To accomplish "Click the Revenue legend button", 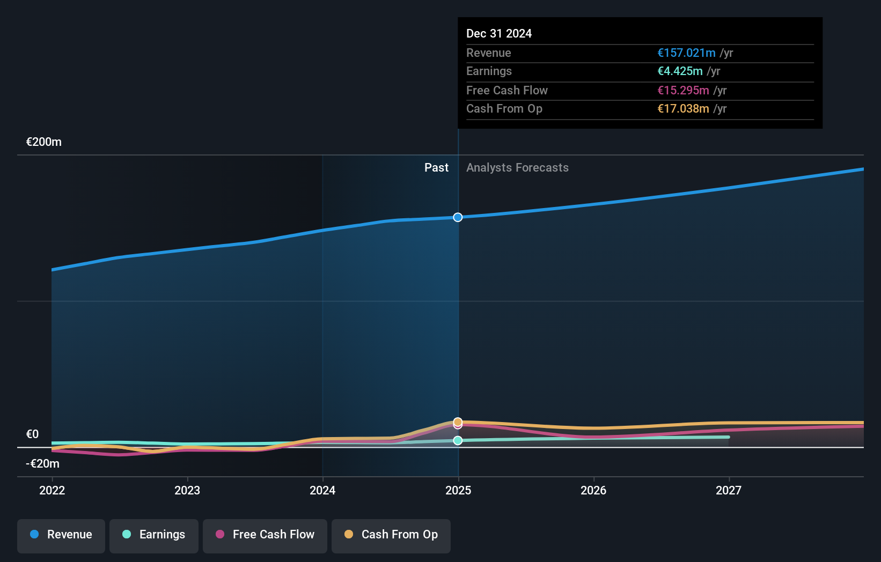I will click(x=61, y=535).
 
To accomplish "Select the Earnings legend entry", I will click(x=154, y=535).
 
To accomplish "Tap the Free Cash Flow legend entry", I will click(x=265, y=535).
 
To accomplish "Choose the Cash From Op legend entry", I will click(x=391, y=535).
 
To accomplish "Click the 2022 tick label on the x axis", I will click(x=52, y=490).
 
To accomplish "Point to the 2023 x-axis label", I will click(x=187, y=490).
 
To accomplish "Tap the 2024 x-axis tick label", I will click(x=322, y=490).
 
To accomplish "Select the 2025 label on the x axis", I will click(x=458, y=490).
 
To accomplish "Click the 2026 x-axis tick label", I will click(x=593, y=490).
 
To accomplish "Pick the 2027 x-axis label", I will click(x=729, y=490).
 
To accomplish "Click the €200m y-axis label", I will click(x=44, y=142).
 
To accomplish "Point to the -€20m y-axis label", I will click(x=43, y=464).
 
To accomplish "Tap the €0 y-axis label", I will click(x=33, y=434).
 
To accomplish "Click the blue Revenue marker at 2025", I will click(x=458, y=217).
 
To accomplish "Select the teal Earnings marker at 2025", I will click(x=458, y=440).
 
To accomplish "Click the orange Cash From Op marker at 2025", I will click(x=458, y=421).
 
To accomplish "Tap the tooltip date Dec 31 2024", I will click(x=499, y=34).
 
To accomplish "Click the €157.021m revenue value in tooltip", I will click(x=686, y=53).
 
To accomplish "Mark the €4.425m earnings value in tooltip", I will click(x=680, y=71).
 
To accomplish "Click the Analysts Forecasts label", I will click(x=517, y=168).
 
